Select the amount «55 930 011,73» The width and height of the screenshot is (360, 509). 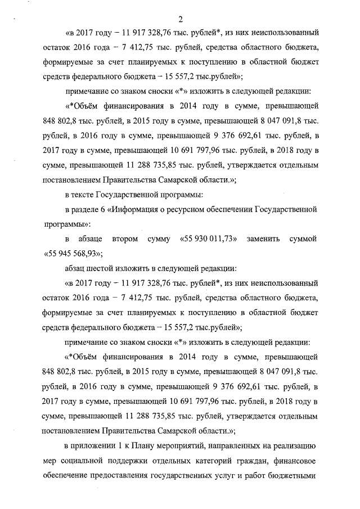(x=207, y=239)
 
